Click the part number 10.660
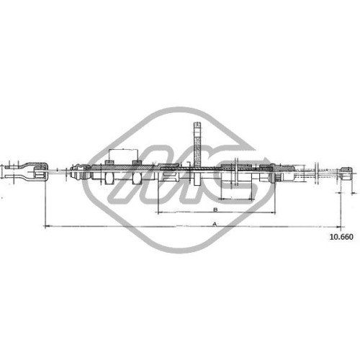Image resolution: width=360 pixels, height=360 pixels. tap(341, 237)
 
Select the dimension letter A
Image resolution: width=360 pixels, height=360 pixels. tap(215, 224)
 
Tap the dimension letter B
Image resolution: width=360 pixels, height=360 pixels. tap(215, 210)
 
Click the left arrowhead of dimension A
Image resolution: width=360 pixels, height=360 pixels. tap(47, 226)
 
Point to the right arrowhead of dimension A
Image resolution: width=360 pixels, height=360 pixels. tap(339, 226)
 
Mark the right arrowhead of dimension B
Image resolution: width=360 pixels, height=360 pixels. tap(273, 212)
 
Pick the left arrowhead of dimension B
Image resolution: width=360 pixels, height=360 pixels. tap(160, 212)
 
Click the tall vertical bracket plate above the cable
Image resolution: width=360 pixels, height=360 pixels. tap(197, 144)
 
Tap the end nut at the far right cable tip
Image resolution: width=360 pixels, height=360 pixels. tap(346, 174)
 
